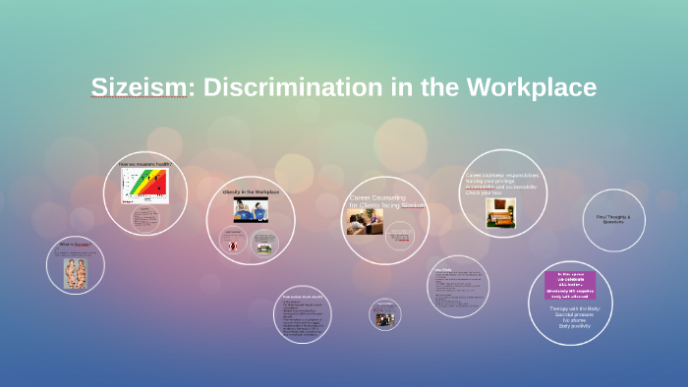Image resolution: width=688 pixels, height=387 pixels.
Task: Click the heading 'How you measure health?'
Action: (x=145, y=164)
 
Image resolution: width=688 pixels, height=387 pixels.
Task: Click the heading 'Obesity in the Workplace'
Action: (x=251, y=192)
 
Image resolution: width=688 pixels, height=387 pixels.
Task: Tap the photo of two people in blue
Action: (x=251, y=209)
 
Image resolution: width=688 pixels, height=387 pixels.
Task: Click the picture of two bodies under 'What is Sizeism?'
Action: (x=76, y=272)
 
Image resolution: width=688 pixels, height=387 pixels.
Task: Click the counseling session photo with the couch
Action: (x=358, y=221)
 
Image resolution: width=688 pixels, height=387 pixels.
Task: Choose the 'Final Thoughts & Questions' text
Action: (x=614, y=219)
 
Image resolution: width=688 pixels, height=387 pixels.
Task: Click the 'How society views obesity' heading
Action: (x=303, y=296)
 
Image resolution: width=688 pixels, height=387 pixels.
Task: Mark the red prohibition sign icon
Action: (x=234, y=246)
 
